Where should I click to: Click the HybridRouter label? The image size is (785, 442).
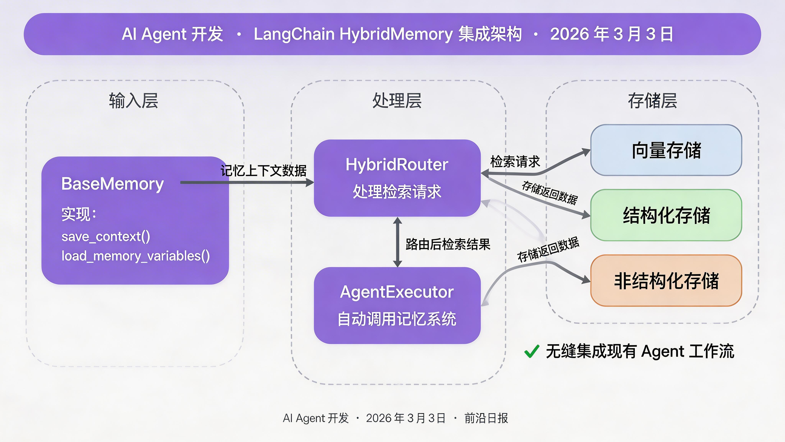pyautogui.click(x=397, y=165)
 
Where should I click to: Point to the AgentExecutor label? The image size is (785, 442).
pyautogui.click(x=397, y=292)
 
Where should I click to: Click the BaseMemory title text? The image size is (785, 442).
pyautogui.click(x=112, y=184)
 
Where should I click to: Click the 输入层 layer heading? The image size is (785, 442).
pyautogui.click(x=133, y=101)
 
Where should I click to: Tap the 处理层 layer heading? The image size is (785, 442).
pyautogui.click(x=397, y=101)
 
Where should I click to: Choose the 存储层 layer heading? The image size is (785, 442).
pyautogui.click(x=652, y=101)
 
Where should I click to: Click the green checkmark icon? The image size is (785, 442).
pyautogui.click(x=532, y=351)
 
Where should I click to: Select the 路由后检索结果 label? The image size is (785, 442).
pyautogui.click(x=448, y=244)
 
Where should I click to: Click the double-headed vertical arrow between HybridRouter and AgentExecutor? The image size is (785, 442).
pyautogui.click(x=397, y=242)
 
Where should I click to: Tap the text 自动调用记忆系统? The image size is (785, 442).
pyautogui.click(x=397, y=319)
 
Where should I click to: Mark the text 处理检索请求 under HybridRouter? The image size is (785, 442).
pyautogui.click(x=397, y=192)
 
